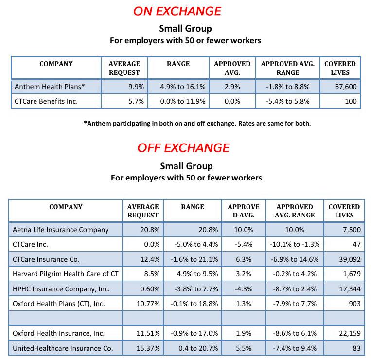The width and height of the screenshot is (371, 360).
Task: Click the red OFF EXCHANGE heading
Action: click(183, 147)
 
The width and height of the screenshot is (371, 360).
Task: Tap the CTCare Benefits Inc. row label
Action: click(46, 101)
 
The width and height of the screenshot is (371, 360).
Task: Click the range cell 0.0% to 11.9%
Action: click(183, 101)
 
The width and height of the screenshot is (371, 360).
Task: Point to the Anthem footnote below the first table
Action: click(197, 123)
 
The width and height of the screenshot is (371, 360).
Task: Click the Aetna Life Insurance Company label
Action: click(61, 230)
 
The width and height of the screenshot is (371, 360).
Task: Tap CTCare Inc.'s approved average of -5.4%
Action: click(243, 244)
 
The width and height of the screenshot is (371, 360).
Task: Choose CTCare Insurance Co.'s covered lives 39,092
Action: click(346, 259)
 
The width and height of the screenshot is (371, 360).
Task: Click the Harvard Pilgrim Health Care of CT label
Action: click(66, 274)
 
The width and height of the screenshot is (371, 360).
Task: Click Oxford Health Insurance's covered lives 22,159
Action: click(346, 333)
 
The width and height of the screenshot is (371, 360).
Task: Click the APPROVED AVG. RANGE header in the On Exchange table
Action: click(288, 68)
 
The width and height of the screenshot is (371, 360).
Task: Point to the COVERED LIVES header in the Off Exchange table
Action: click(344, 211)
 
